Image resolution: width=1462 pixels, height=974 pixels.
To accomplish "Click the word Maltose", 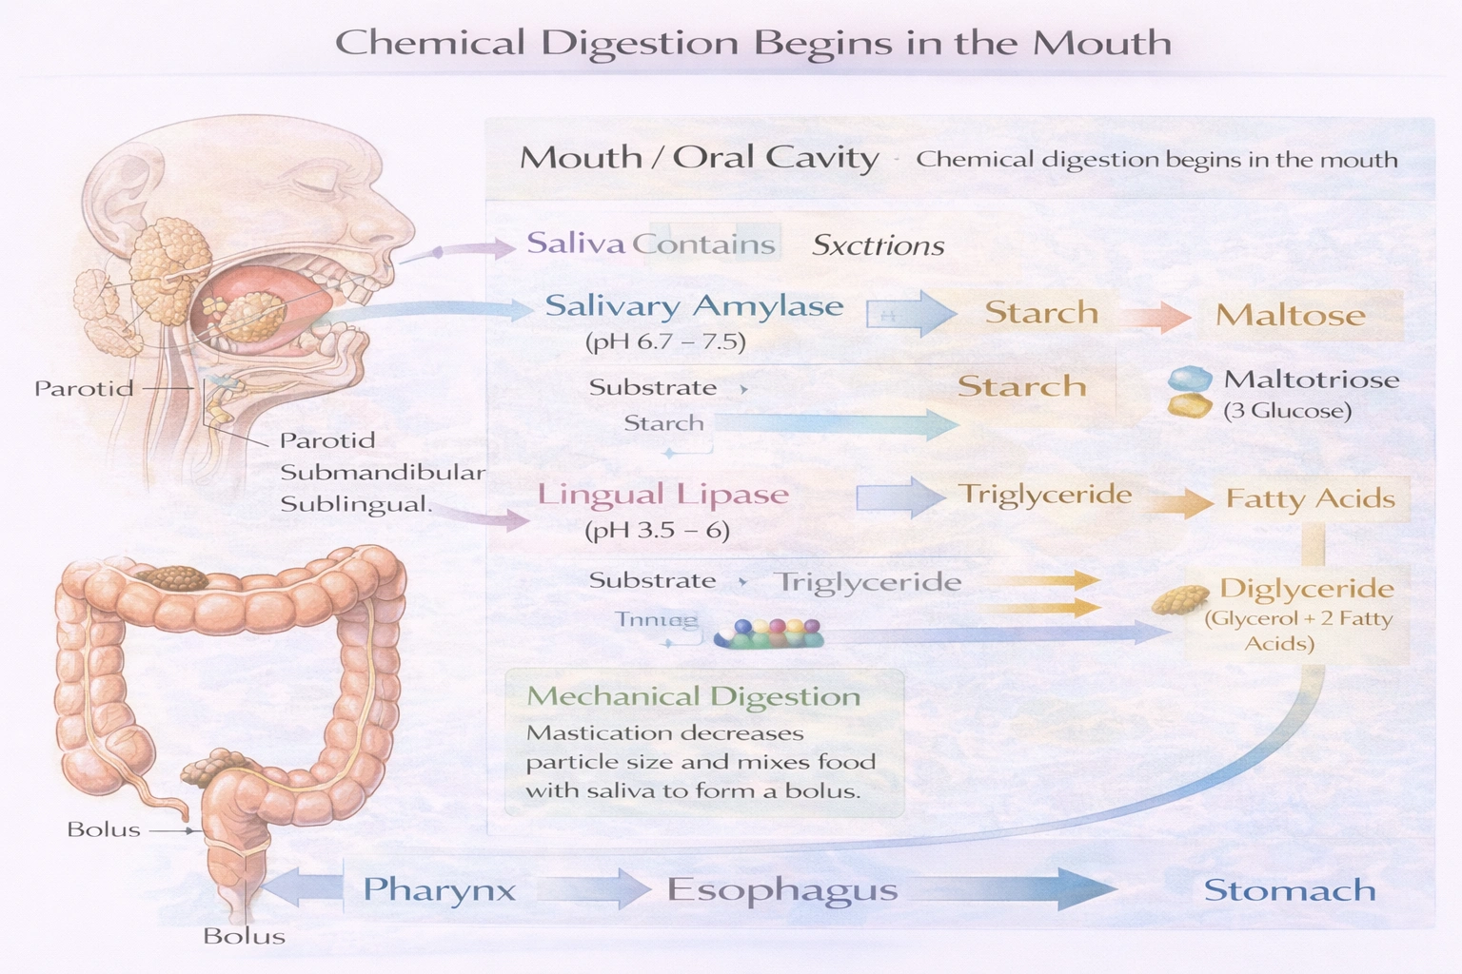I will click(x=1290, y=316).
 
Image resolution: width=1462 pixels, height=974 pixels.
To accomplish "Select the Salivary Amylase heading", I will click(x=694, y=306).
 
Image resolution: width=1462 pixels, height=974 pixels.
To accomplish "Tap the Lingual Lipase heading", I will click(x=662, y=495).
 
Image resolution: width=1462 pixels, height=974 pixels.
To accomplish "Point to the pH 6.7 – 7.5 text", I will click(x=665, y=341).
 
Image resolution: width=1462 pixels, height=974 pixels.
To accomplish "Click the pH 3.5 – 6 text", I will click(x=657, y=530).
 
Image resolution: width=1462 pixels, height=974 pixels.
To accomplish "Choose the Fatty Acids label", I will click(x=1310, y=498).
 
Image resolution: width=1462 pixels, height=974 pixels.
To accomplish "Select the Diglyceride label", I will click(x=1306, y=589).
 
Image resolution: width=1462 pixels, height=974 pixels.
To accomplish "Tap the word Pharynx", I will click(x=439, y=890).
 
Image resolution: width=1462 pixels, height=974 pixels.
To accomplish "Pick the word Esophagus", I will click(x=781, y=890).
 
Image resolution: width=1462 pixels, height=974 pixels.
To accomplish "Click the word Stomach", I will click(x=1290, y=890).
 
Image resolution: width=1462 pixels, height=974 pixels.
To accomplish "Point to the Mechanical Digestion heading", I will click(x=693, y=696).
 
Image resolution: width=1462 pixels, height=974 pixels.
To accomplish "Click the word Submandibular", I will click(x=382, y=473).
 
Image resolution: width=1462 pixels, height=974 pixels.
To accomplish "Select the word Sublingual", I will click(x=355, y=504).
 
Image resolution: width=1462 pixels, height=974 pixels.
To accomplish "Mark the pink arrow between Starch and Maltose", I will click(x=1156, y=316).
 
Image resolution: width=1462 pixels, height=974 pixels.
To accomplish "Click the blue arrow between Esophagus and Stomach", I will click(x=1009, y=888).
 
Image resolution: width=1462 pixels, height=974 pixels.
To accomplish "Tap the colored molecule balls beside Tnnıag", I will click(x=769, y=633).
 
